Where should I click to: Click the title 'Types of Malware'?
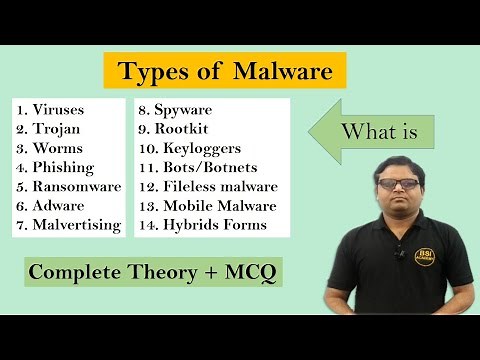(x=225, y=73)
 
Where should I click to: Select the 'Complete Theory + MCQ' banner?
(x=154, y=271)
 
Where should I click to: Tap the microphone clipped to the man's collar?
(x=398, y=252)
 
